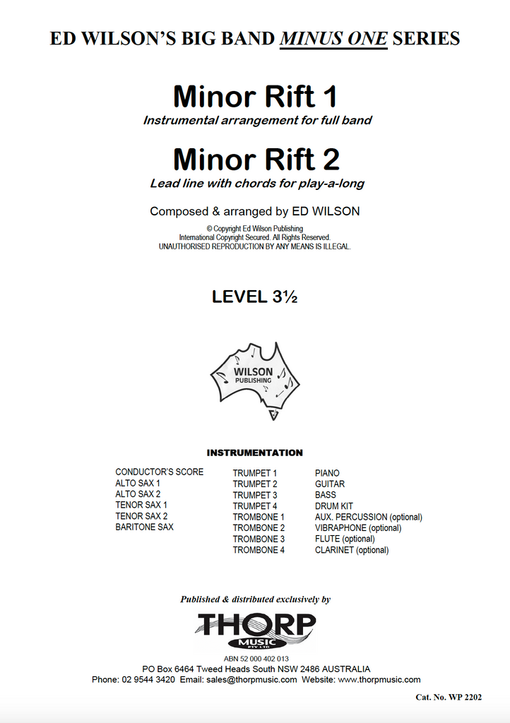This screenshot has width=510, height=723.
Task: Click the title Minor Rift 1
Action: coord(256,97)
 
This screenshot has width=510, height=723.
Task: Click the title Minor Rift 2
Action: coord(256,160)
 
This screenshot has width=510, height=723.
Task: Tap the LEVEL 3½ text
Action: coord(254,297)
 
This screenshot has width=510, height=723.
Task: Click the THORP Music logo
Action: coord(256,630)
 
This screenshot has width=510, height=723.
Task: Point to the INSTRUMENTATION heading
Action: coord(254,453)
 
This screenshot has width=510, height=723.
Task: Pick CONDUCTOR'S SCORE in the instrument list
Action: coord(160,472)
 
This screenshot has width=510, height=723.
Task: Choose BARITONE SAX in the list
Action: coord(144,527)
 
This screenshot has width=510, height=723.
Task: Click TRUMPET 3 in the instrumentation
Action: coord(255,495)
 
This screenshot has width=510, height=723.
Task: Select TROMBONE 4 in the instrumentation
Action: coord(259,550)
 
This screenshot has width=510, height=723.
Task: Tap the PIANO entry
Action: coord(327,473)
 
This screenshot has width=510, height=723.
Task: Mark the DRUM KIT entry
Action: coord(334,506)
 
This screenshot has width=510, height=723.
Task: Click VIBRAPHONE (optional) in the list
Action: coord(358,527)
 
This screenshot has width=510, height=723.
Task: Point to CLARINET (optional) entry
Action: coord(352,550)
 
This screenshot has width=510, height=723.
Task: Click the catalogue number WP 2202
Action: coord(449,698)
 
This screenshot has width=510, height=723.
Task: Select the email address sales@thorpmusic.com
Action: coord(252,680)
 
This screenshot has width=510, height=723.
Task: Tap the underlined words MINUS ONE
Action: coord(333,38)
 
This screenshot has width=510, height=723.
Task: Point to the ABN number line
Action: coord(256,658)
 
